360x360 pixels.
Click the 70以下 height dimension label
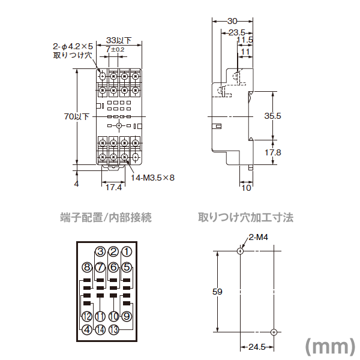tap(76, 116)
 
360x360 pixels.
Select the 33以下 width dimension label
tap(118, 40)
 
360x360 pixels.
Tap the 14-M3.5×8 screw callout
tap(152, 178)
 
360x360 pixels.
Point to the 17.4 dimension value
tap(114, 188)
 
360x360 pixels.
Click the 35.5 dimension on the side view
tap(272, 116)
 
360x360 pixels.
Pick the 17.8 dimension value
tap(272, 152)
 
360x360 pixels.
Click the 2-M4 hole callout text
tap(257, 238)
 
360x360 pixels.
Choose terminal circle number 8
tap(87, 267)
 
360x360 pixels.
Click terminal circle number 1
tap(127, 252)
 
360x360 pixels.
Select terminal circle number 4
tap(87, 329)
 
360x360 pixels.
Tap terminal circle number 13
tap(113, 329)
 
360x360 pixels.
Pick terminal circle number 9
tap(127, 316)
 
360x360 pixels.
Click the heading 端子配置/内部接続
tap(106, 217)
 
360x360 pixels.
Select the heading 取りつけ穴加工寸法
tap(246, 217)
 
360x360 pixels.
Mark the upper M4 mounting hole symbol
tap(240, 251)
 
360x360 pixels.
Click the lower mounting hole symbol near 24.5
tap(273, 332)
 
